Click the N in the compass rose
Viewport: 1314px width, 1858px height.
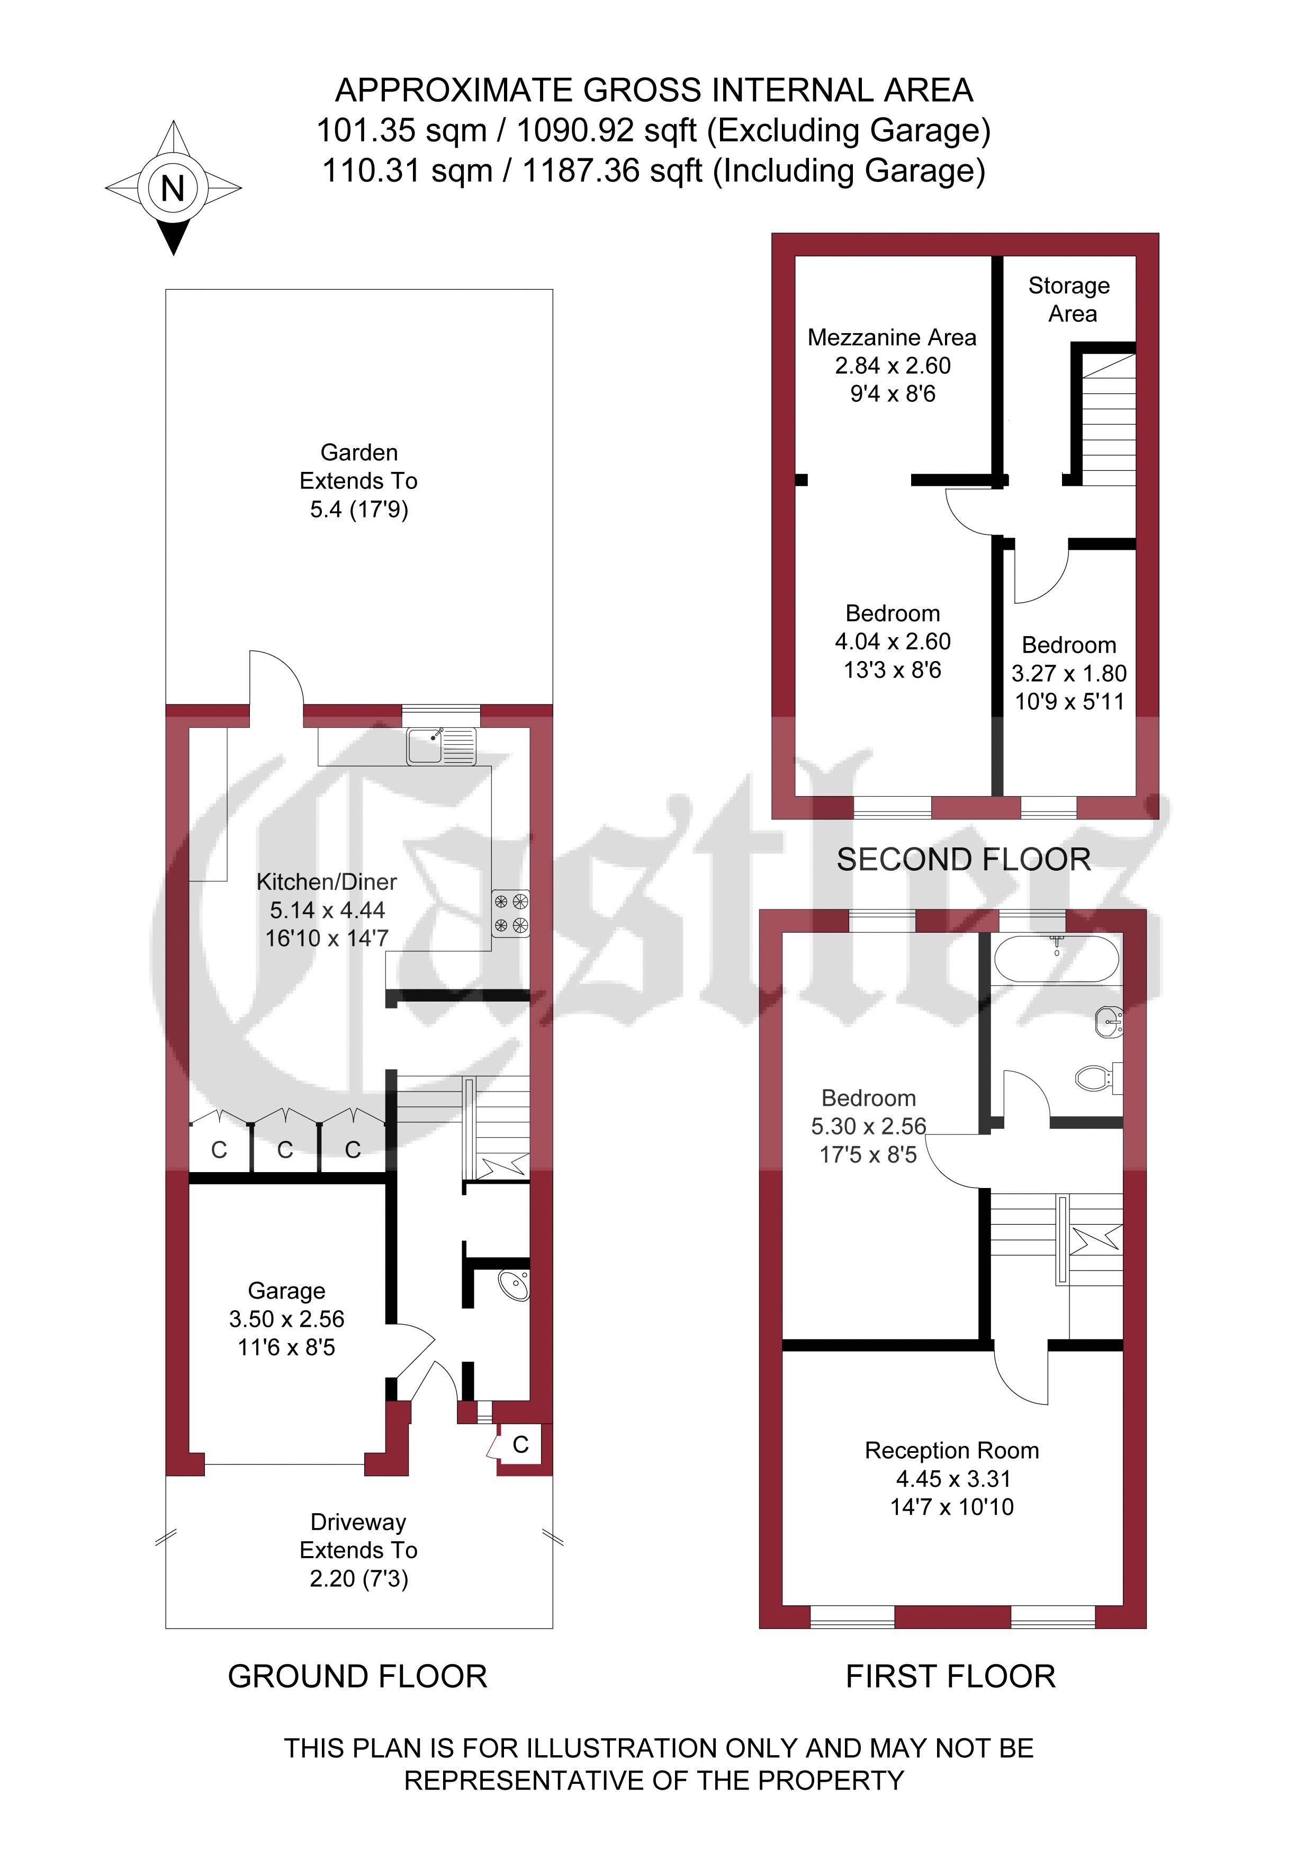[x=173, y=189]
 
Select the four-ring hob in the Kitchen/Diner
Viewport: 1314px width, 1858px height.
[x=510, y=914]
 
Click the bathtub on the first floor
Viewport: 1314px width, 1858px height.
[x=1056, y=960]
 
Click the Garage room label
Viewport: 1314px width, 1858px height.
[x=286, y=1291]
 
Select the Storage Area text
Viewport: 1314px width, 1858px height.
[x=1069, y=299]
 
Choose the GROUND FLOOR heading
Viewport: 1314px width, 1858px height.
[x=358, y=1676]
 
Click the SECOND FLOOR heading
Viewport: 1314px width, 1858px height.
[x=964, y=860]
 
